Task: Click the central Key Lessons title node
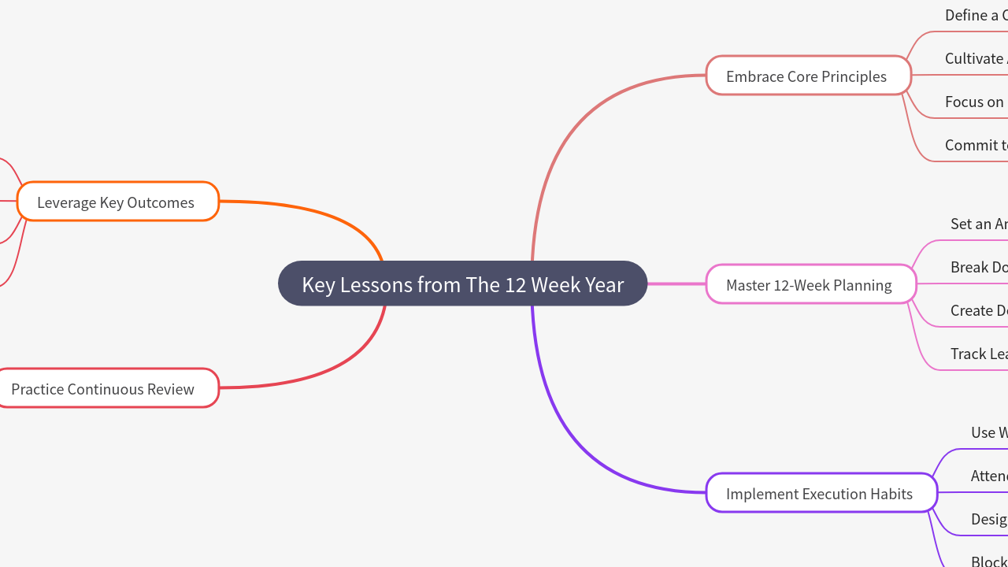point(462,283)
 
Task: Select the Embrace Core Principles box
point(808,76)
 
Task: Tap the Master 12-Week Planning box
point(810,284)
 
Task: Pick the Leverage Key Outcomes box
point(117,202)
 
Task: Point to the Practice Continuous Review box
point(104,388)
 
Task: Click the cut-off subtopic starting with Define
point(976,15)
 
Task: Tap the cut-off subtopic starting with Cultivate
point(975,58)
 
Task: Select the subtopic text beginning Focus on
point(975,102)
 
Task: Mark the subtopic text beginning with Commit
point(976,145)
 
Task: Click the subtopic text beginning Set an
point(978,224)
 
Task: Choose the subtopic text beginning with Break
point(978,267)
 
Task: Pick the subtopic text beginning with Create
point(978,310)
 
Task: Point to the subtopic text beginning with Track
point(978,354)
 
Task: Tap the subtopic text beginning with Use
point(988,432)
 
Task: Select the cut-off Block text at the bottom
point(988,561)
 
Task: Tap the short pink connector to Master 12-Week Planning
point(676,283)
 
